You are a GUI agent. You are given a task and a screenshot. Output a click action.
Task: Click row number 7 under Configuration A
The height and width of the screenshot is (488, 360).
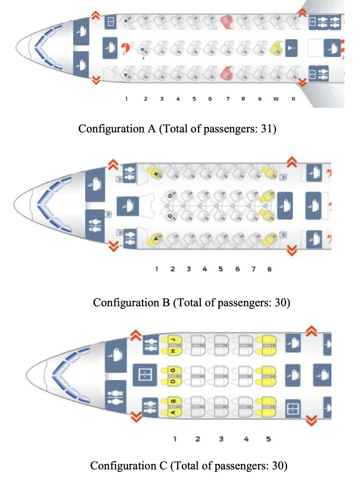coord(228,99)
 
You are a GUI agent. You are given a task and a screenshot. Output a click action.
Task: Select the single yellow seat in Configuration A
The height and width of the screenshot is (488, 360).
coord(276,47)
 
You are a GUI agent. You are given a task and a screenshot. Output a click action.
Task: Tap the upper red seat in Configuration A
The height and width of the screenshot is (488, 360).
coord(226,21)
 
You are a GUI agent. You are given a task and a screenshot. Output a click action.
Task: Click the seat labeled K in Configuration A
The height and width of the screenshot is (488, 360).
coord(126,21)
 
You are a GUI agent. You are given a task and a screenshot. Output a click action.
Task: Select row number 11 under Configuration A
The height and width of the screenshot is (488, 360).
coord(293,99)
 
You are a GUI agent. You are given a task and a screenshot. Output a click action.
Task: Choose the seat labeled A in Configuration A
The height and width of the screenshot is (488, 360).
coord(126,74)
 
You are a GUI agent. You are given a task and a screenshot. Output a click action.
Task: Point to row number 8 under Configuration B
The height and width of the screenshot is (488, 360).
coord(269,269)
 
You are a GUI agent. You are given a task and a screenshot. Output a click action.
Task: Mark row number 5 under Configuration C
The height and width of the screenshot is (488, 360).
coord(268,439)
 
